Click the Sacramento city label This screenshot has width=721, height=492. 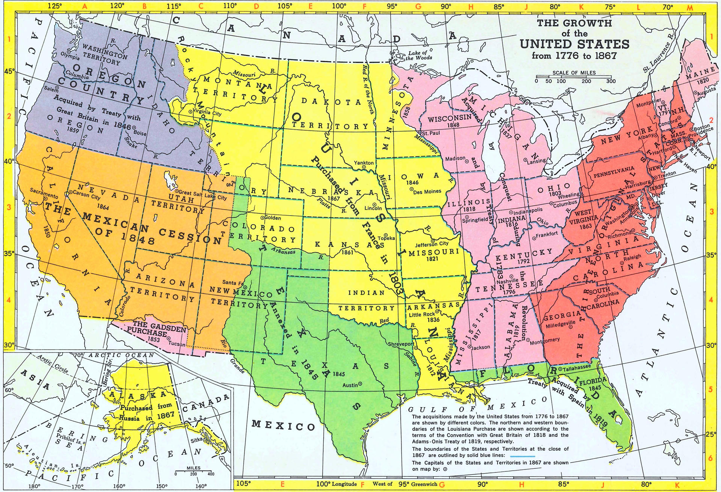[x=44, y=191]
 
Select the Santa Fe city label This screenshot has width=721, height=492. [x=233, y=282]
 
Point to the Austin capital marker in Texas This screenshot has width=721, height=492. [x=360, y=384]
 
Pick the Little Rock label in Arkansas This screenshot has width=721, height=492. [x=422, y=314]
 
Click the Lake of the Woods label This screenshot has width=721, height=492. [x=419, y=56]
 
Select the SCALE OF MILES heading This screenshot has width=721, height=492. [x=574, y=73]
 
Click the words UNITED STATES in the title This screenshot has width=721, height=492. [x=574, y=44]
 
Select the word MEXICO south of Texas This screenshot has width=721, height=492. [x=283, y=426]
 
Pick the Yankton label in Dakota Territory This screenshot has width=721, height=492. [x=364, y=163]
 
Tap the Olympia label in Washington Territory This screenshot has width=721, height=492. [x=70, y=57]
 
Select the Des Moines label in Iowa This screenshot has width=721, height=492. [x=427, y=192]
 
